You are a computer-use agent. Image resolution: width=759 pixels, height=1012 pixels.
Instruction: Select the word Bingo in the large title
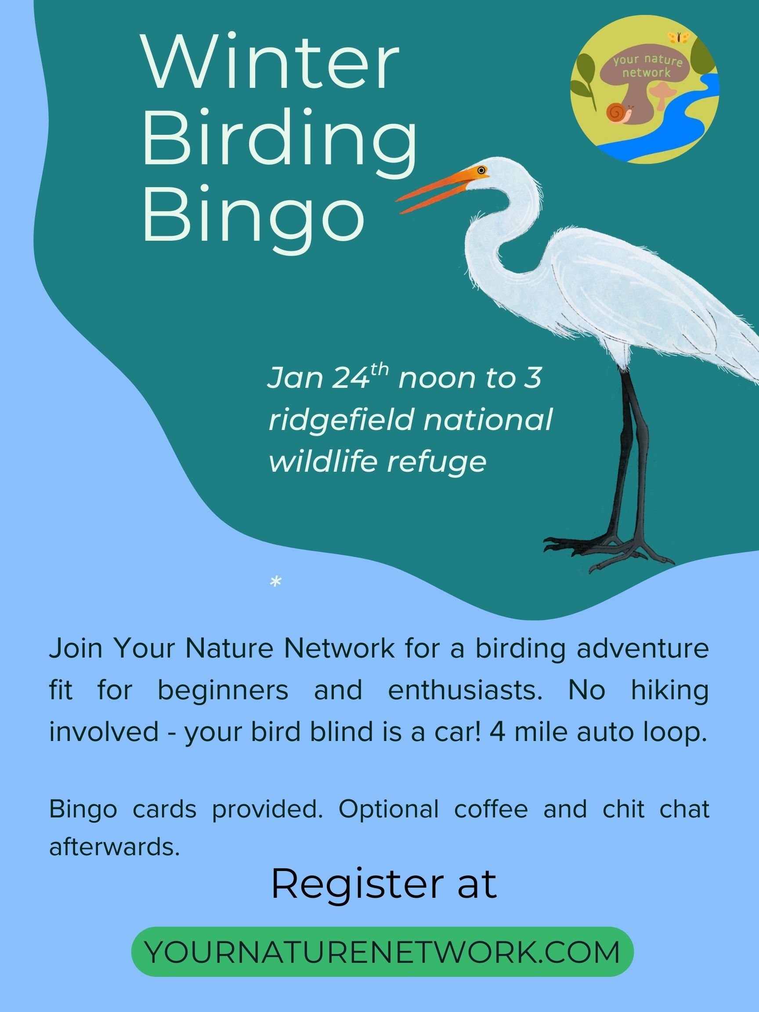254,213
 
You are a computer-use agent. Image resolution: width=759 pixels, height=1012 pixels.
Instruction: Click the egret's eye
481,170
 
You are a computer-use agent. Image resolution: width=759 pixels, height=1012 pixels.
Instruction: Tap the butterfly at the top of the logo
676,36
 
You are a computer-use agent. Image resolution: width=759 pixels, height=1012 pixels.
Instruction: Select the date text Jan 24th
328,378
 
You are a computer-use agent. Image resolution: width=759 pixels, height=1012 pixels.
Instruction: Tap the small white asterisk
275,582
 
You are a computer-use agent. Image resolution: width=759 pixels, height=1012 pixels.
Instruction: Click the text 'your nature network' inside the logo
647,66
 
